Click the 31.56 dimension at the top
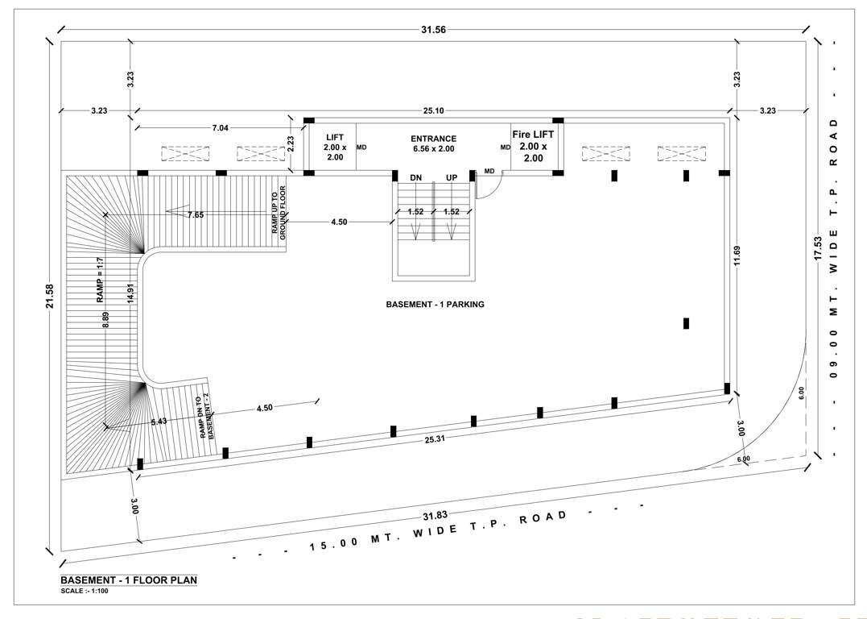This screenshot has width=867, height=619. tap(433, 30)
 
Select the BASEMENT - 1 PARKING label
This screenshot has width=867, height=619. tap(435, 305)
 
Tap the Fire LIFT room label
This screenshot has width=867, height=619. tap(533, 147)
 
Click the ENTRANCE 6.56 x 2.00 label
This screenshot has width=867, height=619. tap(433, 143)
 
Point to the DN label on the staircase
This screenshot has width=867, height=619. tap(415, 177)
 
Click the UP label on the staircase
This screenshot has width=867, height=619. tap(452, 177)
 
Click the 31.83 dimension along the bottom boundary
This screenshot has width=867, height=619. tap(434, 516)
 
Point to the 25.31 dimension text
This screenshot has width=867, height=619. tap(434, 439)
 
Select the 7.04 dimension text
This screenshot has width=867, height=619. tap(220, 127)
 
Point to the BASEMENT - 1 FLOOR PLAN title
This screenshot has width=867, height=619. tap(129, 580)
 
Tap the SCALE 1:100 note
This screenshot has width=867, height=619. tap(85, 592)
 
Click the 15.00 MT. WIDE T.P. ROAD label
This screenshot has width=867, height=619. tap(439, 533)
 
